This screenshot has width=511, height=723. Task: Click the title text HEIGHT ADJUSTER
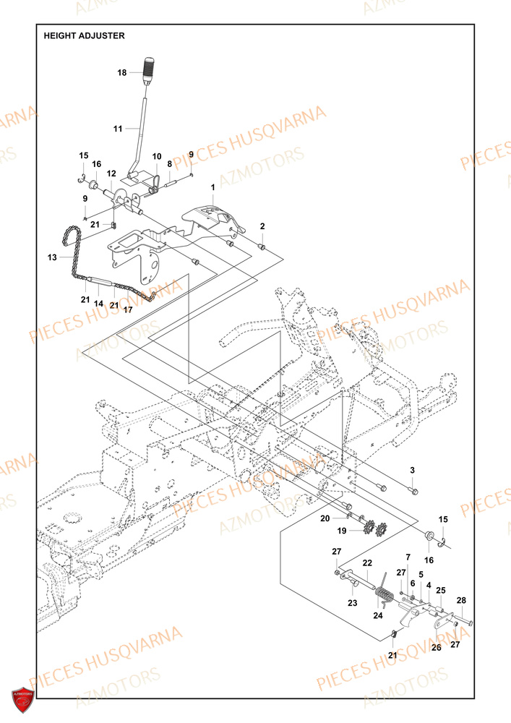pos(84,35)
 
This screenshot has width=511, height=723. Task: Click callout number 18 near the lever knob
pos(121,72)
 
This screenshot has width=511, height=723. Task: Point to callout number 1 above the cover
pos(213,187)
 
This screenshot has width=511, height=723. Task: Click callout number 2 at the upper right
pos(262,226)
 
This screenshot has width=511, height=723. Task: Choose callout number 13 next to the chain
pos(51,257)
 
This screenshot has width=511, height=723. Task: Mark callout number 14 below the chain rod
pos(98,304)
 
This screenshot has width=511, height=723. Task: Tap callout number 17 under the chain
pos(128,310)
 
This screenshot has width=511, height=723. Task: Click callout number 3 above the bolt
pos(412,471)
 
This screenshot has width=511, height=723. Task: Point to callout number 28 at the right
pos(462,601)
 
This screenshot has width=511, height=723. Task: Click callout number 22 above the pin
pos(367,563)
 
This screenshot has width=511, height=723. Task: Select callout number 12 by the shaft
pos(111,174)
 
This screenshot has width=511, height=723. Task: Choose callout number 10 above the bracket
pos(157,157)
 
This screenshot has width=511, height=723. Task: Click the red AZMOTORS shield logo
pos(24,701)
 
